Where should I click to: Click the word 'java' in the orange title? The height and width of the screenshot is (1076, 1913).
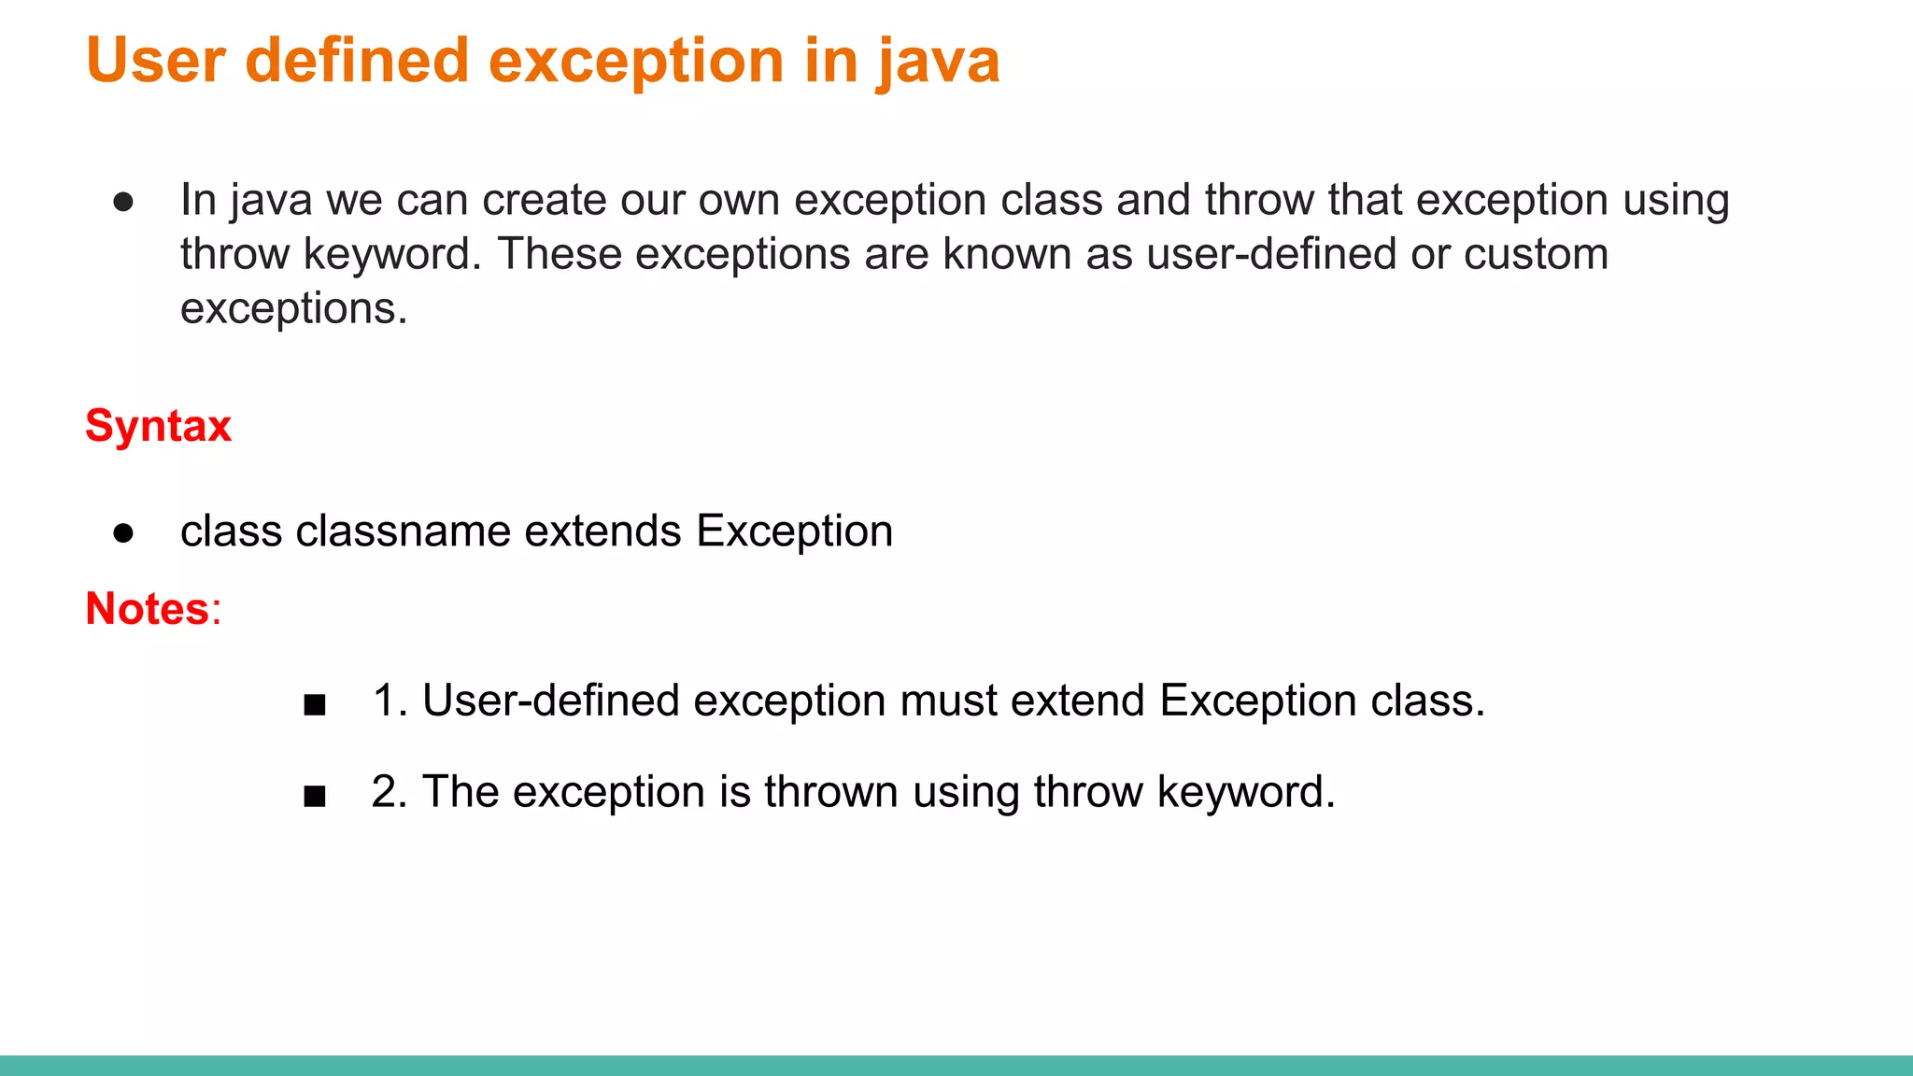pyautogui.click(x=939, y=62)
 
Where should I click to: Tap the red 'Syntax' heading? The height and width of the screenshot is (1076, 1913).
pyautogui.click(x=158, y=426)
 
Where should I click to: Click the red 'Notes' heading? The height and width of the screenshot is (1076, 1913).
pyautogui.click(x=148, y=609)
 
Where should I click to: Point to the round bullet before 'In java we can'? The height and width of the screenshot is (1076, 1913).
pyautogui.click(x=123, y=203)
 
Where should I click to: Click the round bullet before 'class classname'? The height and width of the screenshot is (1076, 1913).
pyautogui.click(x=123, y=533)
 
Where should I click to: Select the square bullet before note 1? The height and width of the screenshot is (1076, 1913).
pyautogui.click(x=315, y=704)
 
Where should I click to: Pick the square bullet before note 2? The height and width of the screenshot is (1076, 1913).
pyautogui.click(x=315, y=796)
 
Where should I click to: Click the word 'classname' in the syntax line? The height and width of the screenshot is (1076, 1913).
pyautogui.click(x=404, y=531)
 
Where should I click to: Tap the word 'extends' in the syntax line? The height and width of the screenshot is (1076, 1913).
pyautogui.click(x=602, y=531)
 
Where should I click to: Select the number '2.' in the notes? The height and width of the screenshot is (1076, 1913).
pyautogui.click(x=390, y=792)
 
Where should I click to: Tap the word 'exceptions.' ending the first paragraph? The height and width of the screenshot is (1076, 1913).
pyautogui.click(x=294, y=309)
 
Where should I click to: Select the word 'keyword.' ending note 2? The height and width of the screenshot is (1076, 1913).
pyautogui.click(x=1246, y=792)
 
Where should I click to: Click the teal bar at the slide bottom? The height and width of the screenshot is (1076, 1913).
pyautogui.click(x=956, y=1065)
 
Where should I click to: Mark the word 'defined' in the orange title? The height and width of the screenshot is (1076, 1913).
pyautogui.click(x=357, y=62)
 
